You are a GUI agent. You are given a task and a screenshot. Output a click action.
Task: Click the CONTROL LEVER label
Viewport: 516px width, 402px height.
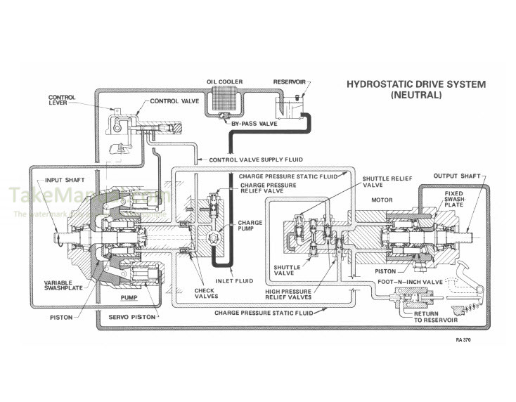tap(62, 101)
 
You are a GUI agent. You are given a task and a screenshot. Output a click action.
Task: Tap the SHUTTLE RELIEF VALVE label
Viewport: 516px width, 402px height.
tap(381, 182)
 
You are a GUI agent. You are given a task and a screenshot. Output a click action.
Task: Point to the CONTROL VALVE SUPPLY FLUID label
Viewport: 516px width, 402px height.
tap(254, 160)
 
